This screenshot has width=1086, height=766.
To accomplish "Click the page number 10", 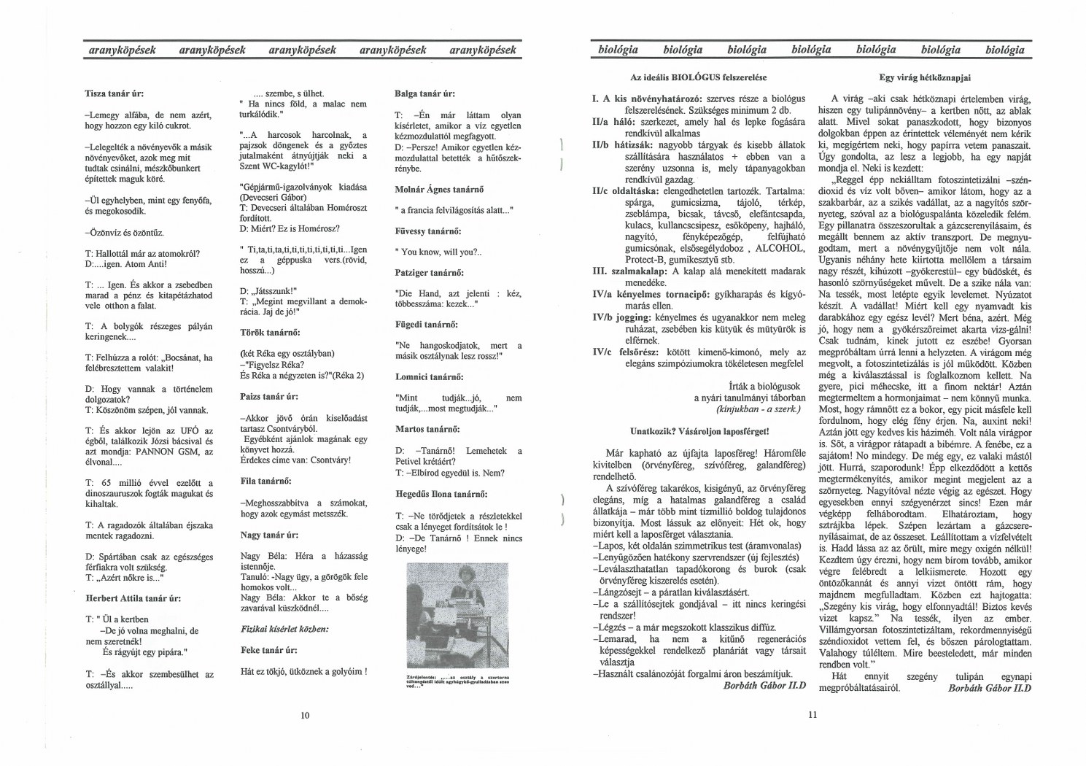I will (x=305, y=715).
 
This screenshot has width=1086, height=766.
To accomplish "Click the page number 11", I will (x=812, y=715).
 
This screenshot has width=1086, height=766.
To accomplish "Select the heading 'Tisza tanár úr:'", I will (x=115, y=94).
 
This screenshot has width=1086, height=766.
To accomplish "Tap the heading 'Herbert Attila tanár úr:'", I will (x=134, y=598).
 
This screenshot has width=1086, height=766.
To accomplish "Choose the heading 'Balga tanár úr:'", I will (x=425, y=94).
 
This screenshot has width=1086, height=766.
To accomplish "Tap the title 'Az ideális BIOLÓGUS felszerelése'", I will (x=698, y=77).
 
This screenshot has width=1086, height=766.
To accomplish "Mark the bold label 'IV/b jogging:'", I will (x=621, y=317).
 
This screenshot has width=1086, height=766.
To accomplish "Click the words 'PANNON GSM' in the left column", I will (x=168, y=452).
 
